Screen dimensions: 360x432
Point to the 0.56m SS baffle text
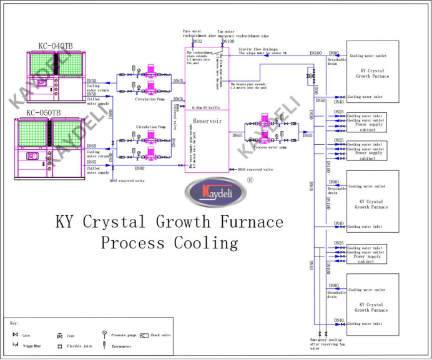[207, 107]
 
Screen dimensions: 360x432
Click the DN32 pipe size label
[197, 41]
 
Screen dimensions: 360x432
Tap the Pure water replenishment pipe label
[199, 33]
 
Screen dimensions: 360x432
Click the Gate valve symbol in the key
[15, 334]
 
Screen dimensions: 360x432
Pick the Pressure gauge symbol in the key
[104, 334]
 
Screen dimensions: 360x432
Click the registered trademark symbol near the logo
[250, 178]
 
